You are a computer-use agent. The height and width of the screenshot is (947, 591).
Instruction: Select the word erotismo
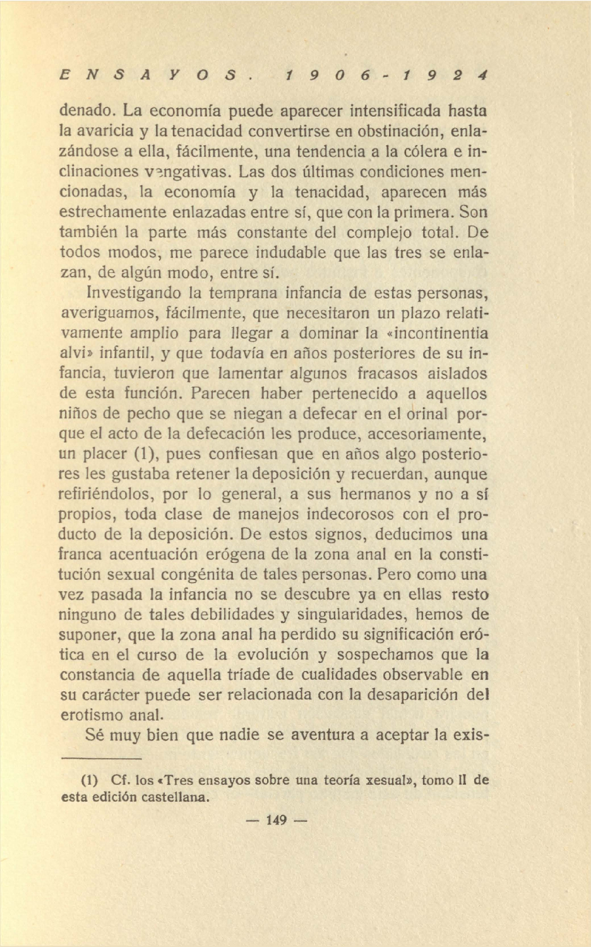tap(91, 715)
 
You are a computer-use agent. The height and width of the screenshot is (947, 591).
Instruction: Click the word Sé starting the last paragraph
tap(95, 735)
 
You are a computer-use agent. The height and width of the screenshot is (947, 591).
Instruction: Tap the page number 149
tap(277, 820)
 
